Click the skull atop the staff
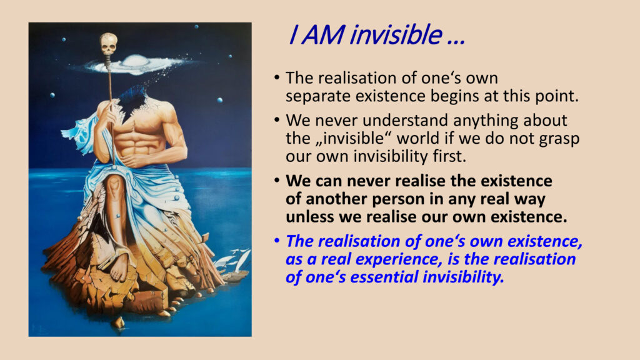109,44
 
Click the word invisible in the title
396,34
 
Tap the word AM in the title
323,35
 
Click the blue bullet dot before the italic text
277,241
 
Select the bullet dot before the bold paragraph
277,181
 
